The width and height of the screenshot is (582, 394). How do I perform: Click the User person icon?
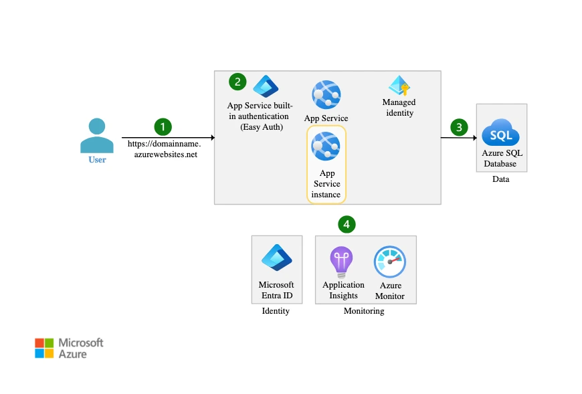coord(97,136)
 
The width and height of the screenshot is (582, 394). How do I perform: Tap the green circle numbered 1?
coord(163,126)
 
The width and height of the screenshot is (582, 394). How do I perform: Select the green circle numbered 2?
coord(237,82)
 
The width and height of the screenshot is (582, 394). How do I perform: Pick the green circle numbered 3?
coord(458,126)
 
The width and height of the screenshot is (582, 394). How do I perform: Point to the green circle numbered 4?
coord(346,224)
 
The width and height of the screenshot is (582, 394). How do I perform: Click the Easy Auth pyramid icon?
coord(265,87)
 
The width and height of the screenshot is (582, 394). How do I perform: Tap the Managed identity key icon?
coord(399,86)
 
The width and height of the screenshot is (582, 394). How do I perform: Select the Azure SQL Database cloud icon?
coord(501,132)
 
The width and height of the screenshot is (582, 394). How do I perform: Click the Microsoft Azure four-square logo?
coord(44,348)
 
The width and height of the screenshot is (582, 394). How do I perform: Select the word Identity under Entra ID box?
coord(276,311)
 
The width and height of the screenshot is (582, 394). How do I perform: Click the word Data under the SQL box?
coord(500,179)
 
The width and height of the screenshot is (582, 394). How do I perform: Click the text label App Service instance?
coord(326,184)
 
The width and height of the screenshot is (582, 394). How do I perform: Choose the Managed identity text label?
coord(399,108)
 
